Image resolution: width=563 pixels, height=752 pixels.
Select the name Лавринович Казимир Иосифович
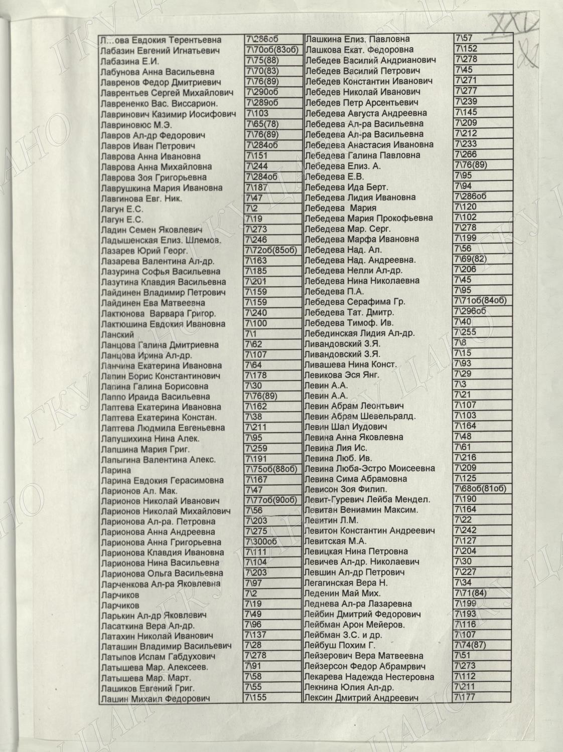pos(168,114)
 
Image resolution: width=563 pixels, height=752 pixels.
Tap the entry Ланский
pos(117,334)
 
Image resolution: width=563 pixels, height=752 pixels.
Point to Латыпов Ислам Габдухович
pos(158,657)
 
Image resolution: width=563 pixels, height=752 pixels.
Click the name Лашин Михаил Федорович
pos(155,699)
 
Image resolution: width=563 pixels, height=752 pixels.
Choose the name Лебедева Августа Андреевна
pos(366,113)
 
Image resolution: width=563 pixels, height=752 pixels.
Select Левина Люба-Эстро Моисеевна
pos(370,469)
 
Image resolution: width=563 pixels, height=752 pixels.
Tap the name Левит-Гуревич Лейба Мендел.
pos(367,500)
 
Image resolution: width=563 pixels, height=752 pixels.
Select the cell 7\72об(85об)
pos(273,250)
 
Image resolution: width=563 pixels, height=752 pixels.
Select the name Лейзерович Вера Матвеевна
pos(364,656)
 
